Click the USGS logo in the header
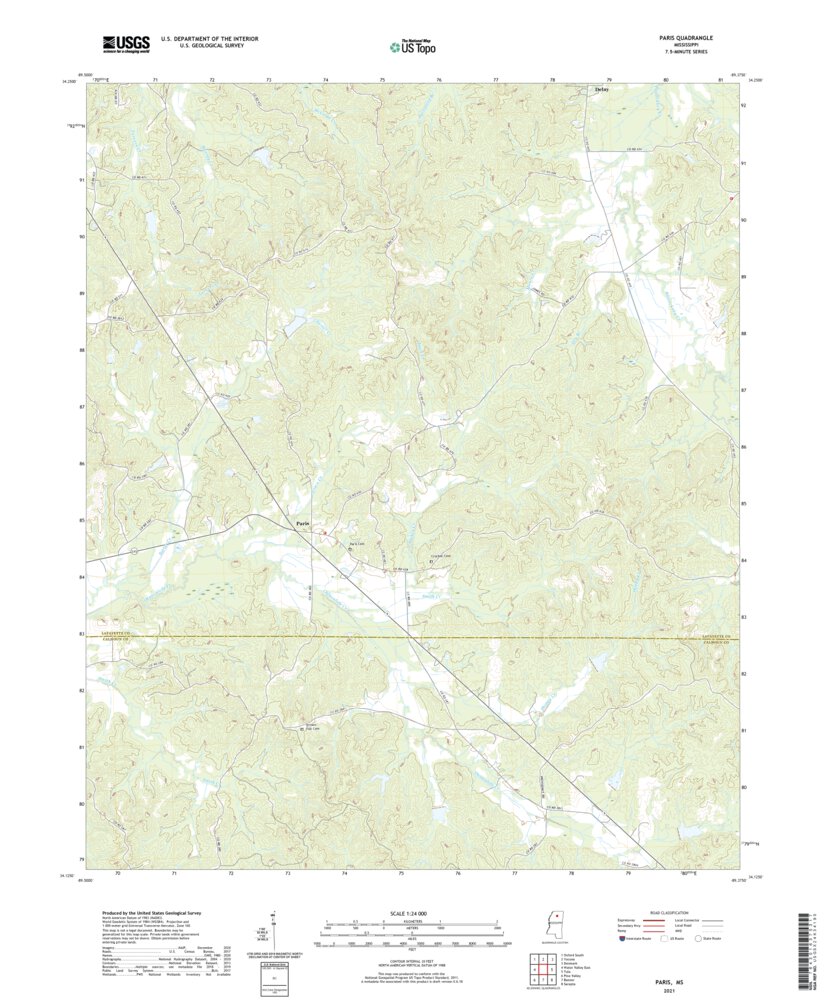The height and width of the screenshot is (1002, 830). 125,43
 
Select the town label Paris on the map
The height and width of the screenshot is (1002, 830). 303,523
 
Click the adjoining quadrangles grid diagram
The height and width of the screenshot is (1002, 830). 541,969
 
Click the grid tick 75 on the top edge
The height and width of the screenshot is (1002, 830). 383,78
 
